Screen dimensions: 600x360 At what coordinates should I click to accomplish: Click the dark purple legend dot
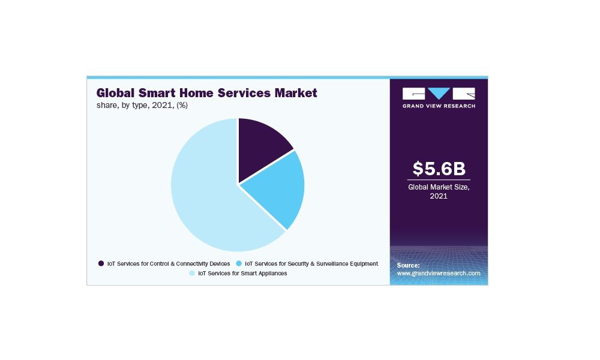(x=101, y=263)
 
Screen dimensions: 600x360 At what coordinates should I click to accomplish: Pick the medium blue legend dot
(x=239, y=263)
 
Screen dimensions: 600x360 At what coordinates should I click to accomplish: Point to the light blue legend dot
(x=192, y=273)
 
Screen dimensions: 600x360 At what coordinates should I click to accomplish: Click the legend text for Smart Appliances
(x=242, y=273)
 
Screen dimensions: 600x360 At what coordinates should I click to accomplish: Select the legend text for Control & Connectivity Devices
(x=169, y=263)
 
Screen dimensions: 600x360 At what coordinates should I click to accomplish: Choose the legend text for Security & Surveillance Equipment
(x=311, y=263)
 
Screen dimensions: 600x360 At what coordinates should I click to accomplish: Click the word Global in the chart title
(x=115, y=93)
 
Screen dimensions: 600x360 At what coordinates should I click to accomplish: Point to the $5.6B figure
(x=439, y=169)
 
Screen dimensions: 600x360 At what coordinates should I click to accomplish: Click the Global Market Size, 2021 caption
(x=439, y=191)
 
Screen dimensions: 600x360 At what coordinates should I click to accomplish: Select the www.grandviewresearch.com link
(x=439, y=273)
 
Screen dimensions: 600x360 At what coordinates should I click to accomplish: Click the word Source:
(x=408, y=265)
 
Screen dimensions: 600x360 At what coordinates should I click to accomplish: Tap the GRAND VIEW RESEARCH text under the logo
(x=439, y=106)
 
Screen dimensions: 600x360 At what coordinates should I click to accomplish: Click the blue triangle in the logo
(x=439, y=92)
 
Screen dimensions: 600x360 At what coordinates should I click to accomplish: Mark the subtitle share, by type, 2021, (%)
(x=142, y=105)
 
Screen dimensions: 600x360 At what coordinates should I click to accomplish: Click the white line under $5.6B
(x=439, y=179)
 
